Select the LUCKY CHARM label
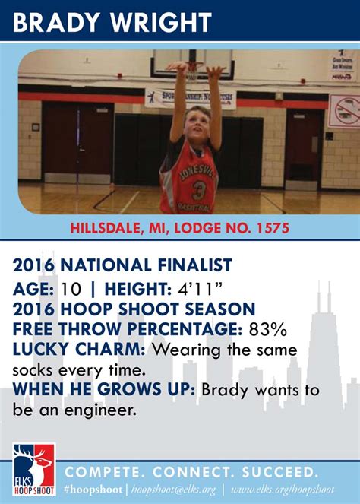(x=81, y=349)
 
